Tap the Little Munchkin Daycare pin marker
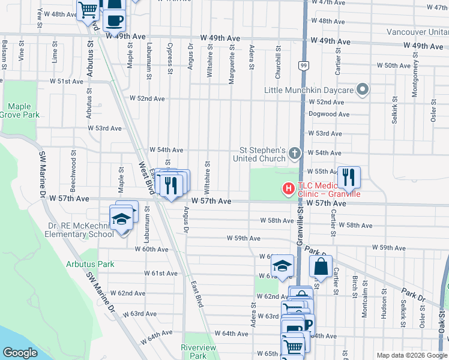pos(362,90)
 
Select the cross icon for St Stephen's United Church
pos(294,154)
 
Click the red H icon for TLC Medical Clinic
pos(289,189)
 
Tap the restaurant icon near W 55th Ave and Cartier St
pos(349,177)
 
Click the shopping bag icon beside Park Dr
pos(321,266)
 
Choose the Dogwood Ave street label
pos(325,113)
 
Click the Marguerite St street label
pos(231,67)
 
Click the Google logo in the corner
pos(20,353)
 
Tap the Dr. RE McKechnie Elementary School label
pos(81,230)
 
